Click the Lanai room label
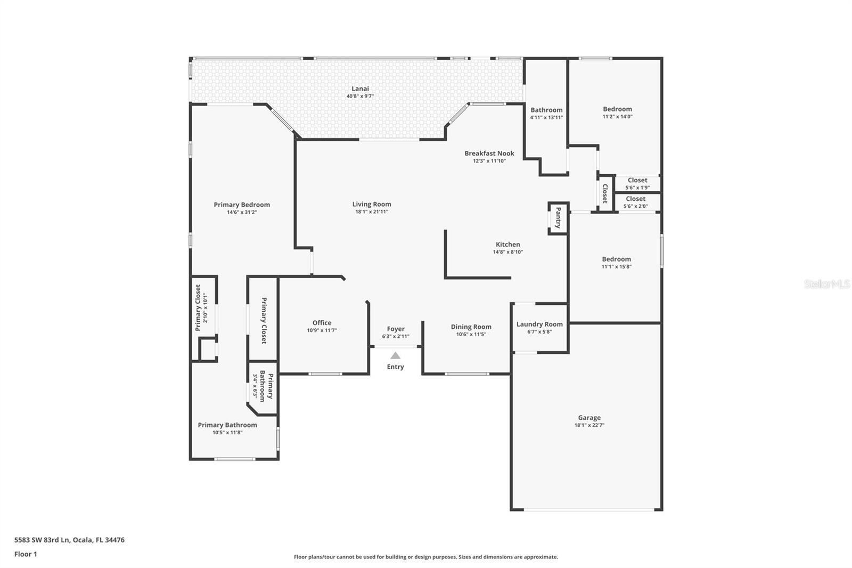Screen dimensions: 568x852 tap(360, 89)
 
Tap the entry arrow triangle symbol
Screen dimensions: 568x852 tap(395, 355)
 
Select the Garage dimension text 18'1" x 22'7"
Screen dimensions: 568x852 tap(589, 425)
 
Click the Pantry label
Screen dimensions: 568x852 tap(558, 218)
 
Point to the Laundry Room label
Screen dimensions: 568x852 tap(539, 324)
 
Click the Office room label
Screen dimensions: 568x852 tap(322, 323)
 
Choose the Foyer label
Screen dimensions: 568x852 tap(396, 329)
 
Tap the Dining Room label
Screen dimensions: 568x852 tap(471, 327)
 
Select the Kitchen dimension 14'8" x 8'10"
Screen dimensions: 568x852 tap(507, 252)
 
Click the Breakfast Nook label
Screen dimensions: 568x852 tap(489, 153)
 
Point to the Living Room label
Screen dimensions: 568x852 tap(372, 204)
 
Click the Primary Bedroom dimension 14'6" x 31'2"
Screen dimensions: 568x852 tap(242, 212)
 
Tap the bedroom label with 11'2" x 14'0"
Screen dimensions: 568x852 tap(617, 109)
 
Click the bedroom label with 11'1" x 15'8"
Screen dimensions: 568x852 tap(616, 259)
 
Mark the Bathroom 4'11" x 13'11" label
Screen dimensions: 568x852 tap(546, 110)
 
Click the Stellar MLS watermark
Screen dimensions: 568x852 tap(826, 284)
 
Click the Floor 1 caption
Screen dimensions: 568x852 tap(26, 554)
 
